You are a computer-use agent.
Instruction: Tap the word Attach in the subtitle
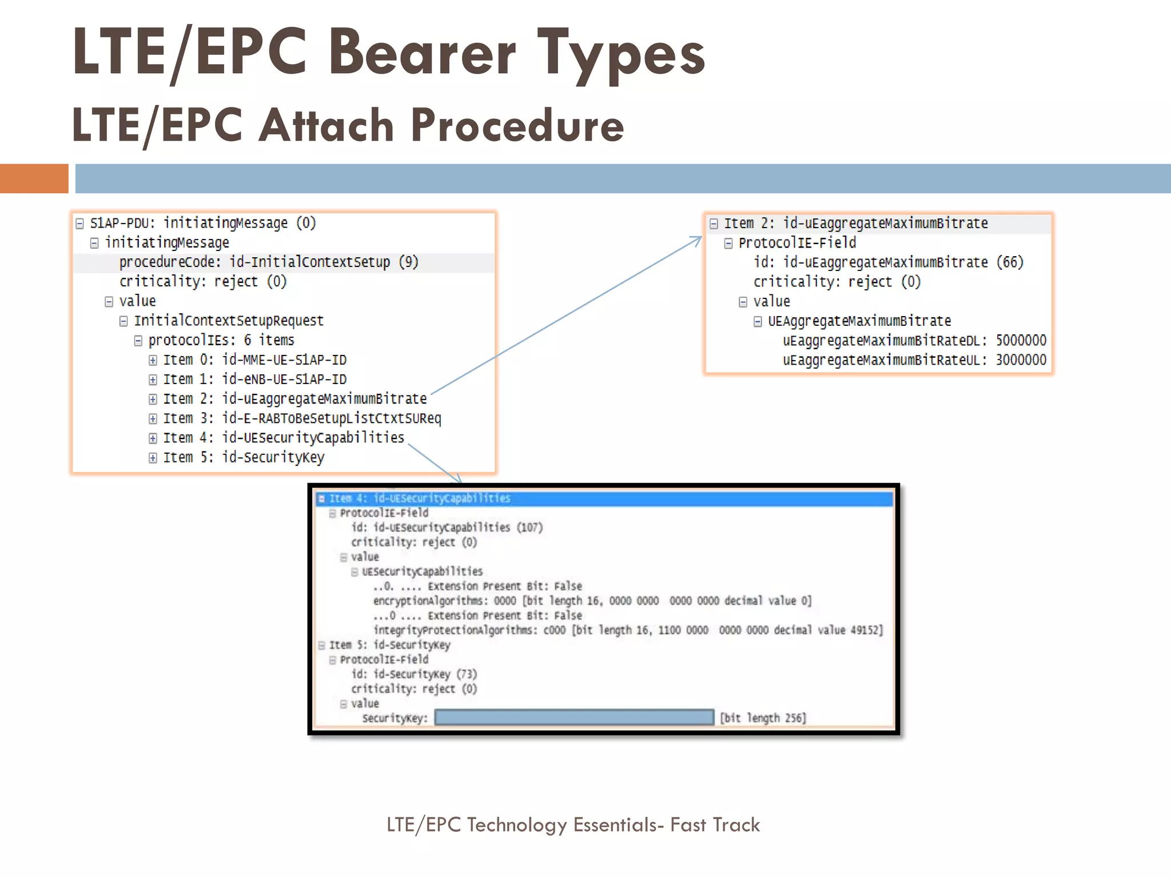pyautogui.click(x=326, y=125)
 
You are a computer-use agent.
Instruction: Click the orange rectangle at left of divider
pyautogui.click(x=34, y=178)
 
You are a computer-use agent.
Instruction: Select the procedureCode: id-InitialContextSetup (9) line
pyautogui.click(x=269, y=262)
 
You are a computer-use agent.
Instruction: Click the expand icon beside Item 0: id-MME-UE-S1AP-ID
pyautogui.click(x=153, y=360)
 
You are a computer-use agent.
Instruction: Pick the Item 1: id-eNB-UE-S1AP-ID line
pyautogui.click(x=255, y=380)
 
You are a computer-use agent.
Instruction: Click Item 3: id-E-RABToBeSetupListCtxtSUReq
pyautogui.click(x=302, y=418)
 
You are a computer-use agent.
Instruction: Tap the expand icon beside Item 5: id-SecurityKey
pyautogui.click(x=153, y=458)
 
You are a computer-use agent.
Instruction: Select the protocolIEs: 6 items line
pyautogui.click(x=221, y=341)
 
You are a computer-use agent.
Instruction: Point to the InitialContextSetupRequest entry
pyautogui.click(x=229, y=321)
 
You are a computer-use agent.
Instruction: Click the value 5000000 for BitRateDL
pyautogui.click(x=1021, y=341)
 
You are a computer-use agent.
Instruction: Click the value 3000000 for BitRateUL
pyautogui.click(x=1021, y=360)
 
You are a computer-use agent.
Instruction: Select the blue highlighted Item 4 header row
pyautogui.click(x=603, y=498)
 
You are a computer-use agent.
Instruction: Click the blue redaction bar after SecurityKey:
pyautogui.click(x=574, y=717)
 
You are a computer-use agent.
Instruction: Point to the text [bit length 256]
pyautogui.click(x=763, y=718)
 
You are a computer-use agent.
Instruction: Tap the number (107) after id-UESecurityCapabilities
pyautogui.click(x=529, y=527)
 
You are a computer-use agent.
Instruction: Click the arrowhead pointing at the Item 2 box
pyautogui.click(x=697, y=240)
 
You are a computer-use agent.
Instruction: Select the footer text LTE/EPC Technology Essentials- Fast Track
pyautogui.click(x=573, y=825)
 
